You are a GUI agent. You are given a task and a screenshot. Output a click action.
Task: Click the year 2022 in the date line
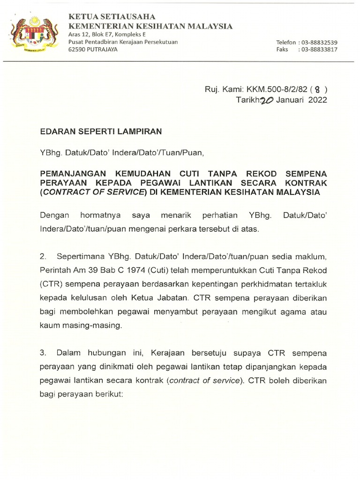[318, 99]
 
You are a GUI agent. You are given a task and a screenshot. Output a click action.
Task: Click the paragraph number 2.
[43, 257]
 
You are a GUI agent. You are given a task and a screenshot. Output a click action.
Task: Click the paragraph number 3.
[43, 352]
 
